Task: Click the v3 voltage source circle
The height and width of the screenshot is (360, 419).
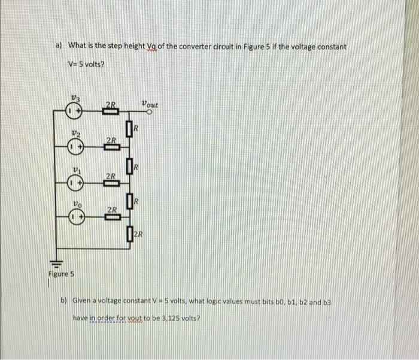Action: [74, 111]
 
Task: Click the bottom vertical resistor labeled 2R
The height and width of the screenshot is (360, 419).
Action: [130, 234]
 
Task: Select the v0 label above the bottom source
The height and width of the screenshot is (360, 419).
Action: [74, 204]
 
